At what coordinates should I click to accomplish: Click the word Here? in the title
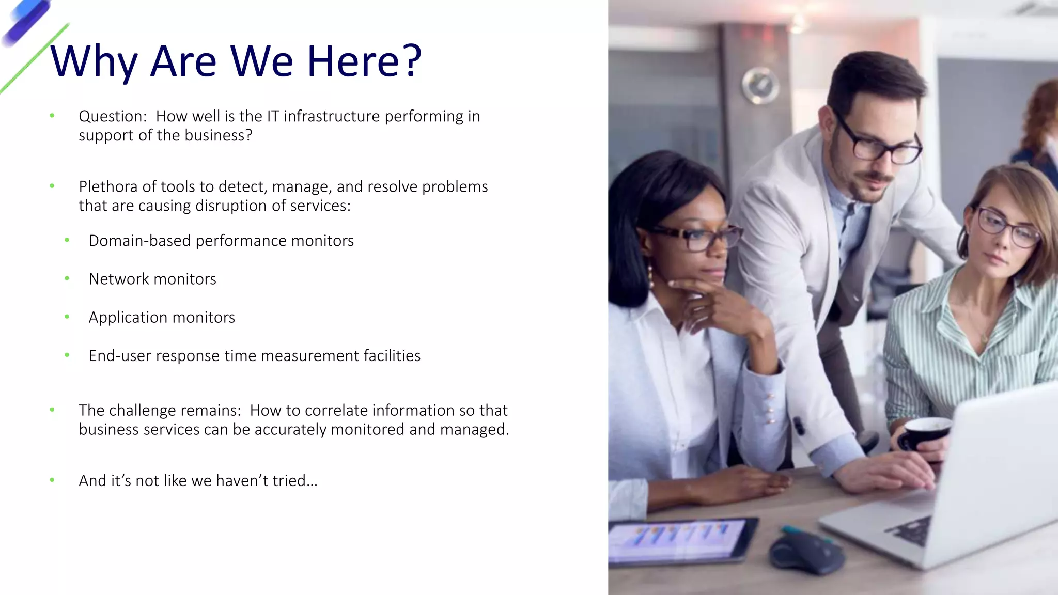point(364,61)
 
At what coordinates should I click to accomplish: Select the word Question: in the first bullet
point(113,117)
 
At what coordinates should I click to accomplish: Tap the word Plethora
point(108,186)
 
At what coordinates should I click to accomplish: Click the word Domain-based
point(139,241)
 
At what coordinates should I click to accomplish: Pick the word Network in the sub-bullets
point(119,279)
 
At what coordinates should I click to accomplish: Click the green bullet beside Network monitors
point(67,278)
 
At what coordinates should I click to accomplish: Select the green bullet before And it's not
point(52,480)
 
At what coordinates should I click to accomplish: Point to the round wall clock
point(760,85)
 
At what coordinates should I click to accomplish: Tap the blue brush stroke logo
point(26,23)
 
